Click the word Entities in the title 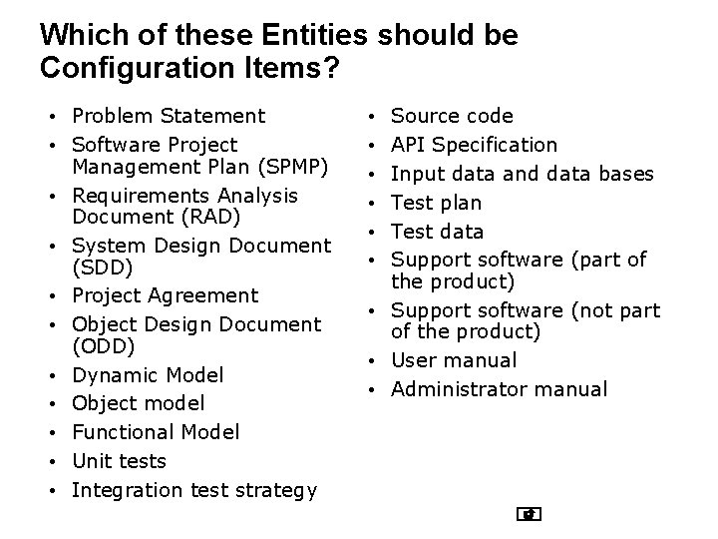pos(305,36)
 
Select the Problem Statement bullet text pos(169,116)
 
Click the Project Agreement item pos(165,295)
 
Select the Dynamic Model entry pos(148,375)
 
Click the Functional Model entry pos(156,432)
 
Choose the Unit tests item pos(119,461)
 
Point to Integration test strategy pos(194,490)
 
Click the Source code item pos(452,116)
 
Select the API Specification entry pos(474,145)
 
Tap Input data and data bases pos(522,174)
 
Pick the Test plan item pos(436,203)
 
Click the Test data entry pos(437,232)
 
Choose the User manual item pos(454,360)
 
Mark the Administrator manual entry pos(499,389)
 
